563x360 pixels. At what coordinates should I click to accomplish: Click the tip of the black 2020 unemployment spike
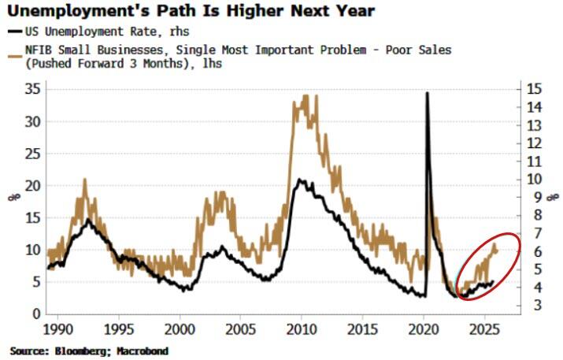428,93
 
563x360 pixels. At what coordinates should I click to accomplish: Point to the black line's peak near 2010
300,180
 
